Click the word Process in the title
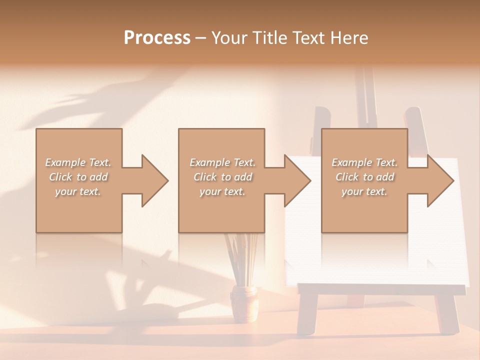pyautogui.click(x=157, y=38)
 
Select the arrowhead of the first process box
pyautogui.click(x=155, y=180)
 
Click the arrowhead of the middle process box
pyautogui.click(x=297, y=180)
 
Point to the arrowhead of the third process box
pyautogui.click(x=440, y=180)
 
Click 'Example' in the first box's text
pyautogui.click(x=65, y=162)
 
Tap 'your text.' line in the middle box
pyautogui.click(x=222, y=191)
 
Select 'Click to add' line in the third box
pyautogui.click(x=365, y=177)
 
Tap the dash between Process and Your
pyautogui.click(x=200, y=38)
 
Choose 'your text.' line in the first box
pyautogui.click(x=77, y=191)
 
